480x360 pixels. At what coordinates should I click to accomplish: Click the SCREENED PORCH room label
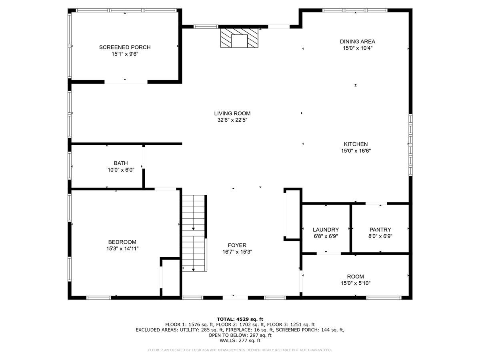click(x=125, y=47)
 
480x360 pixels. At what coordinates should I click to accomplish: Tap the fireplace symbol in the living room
click(x=240, y=38)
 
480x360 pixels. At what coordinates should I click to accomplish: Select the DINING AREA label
click(x=357, y=41)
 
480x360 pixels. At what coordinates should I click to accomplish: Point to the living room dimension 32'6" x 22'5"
click(x=232, y=120)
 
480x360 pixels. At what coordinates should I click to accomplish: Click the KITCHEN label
click(x=356, y=144)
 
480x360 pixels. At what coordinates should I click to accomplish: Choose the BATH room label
click(x=121, y=163)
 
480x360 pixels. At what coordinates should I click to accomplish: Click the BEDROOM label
click(x=122, y=242)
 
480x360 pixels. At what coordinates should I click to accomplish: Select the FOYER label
click(x=237, y=245)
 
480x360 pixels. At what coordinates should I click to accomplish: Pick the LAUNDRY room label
click(x=326, y=230)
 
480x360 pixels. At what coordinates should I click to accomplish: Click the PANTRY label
click(x=380, y=230)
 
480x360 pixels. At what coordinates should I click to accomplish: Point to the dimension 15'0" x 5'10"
click(x=355, y=283)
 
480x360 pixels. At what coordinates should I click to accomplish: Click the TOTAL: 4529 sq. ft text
click(x=240, y=319)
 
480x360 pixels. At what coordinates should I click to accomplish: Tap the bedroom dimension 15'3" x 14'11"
click(x=122, y=248)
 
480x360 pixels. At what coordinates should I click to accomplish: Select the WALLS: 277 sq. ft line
click(x=240, y=341)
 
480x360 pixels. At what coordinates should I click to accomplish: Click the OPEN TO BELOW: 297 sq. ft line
click(x=240, y=335)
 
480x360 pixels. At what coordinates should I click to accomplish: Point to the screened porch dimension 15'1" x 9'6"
click(x=125, y=54)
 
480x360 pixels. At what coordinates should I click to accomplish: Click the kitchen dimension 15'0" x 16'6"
click(x=356, y=151)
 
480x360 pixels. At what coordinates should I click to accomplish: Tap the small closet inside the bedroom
click(x=171, y=278)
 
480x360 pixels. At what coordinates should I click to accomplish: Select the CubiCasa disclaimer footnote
click(x=240, y=350)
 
